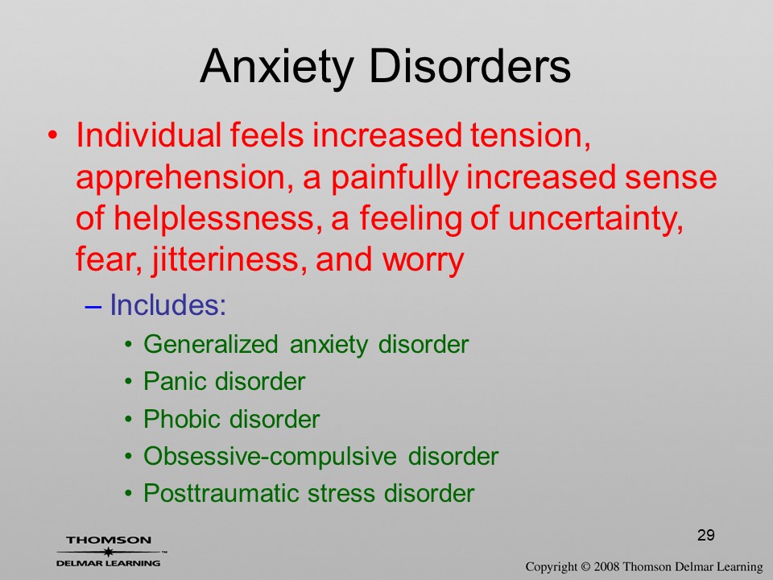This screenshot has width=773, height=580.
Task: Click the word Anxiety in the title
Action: click(x=277, y=67)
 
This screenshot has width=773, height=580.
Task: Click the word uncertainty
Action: click(x=596, y=219)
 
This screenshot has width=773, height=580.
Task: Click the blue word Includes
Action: click(x=167, y=304)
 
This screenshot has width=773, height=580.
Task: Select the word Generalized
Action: click(x=210, y=344)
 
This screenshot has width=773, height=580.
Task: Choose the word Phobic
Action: click(x=183, y=419)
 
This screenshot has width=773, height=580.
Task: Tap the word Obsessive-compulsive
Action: click(x=271, y=456)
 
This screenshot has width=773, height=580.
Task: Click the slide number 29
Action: click(x=706, y=535)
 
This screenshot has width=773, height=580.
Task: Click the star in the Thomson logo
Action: click(x=108, y=551)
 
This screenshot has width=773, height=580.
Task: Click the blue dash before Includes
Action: click(x=93, y=306)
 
